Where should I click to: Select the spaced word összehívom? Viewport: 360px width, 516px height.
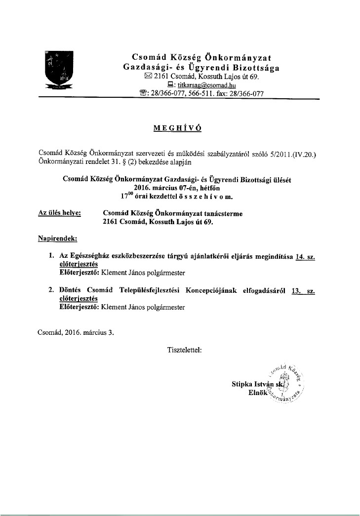click(x=203, y=197)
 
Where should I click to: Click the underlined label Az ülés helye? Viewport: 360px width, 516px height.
click(x=60, y=213)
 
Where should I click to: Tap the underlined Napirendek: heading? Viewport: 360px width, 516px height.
click(x=57, y=239)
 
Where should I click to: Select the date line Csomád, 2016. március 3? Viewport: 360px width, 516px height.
click(x=76, y=332)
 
